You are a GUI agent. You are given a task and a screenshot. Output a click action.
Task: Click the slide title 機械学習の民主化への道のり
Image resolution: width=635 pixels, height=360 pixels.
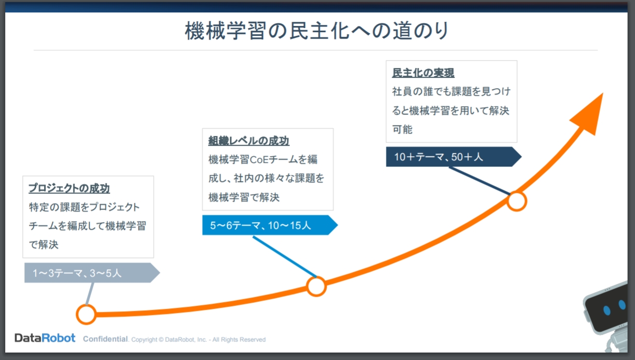(x=316, y=31)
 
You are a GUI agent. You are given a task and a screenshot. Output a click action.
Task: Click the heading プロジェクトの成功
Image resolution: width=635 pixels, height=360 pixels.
(x=69, y=188)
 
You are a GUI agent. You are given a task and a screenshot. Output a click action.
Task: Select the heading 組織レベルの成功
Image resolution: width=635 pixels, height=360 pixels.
(x=249, y=141)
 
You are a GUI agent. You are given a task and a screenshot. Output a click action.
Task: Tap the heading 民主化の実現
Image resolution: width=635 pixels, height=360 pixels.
(x=423, y=73)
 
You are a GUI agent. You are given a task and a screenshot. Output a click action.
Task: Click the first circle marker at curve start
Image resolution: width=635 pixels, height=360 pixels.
(x=86, y=314)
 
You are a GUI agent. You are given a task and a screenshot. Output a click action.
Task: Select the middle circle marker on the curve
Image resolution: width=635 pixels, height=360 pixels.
(x=316, y=286)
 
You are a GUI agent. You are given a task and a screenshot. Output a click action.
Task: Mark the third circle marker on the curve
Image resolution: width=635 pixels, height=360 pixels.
(x=517, y=201)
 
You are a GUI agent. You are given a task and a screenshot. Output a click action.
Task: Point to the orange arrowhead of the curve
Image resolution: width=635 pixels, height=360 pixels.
(x=590, y=114)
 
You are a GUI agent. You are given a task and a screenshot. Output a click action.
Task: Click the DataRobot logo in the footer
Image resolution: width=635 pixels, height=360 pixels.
(x=45, y=338)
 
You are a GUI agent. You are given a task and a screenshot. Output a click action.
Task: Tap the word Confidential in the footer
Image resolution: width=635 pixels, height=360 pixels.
(x=105, y=339)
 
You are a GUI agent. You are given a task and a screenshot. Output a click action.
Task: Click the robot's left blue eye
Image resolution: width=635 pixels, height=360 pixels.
(x=607, y=310)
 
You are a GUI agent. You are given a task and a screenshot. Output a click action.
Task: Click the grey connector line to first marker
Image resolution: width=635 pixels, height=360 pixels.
(x=89, y=294)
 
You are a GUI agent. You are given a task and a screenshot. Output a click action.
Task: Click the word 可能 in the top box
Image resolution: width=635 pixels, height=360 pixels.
(x=403, y=130)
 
